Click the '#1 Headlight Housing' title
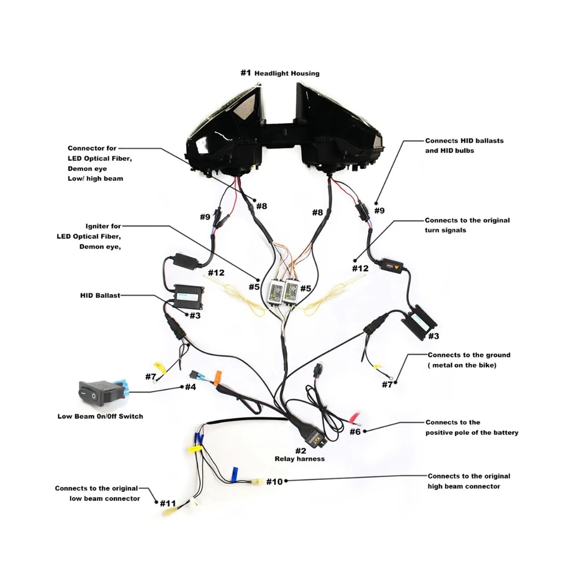coord(280,73)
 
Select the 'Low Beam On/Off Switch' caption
coord(100,416)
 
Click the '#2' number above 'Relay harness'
coord(301,451)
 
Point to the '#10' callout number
coord(274,482)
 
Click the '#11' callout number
coord(168,503)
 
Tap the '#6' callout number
coord(355,432)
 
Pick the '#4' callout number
coord(191,387)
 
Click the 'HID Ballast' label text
coord(100,296)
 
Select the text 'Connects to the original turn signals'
coord(467,225)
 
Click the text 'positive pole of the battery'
coord(472,433)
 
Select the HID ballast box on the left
coord(189,297)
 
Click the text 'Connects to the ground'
coord(469,355)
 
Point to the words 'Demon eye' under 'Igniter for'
coord(100,247)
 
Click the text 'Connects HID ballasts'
coord(464,141)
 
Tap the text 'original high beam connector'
coord(464,486)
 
